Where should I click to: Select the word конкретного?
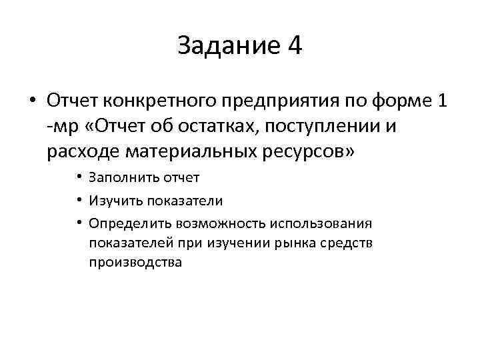[155, 101]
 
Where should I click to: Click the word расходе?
[83, 151]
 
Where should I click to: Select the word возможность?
[211, 223]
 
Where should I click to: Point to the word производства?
[135, 263]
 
